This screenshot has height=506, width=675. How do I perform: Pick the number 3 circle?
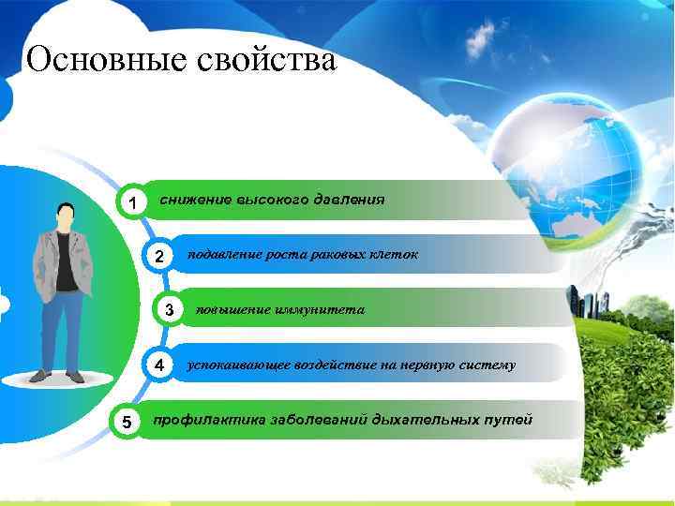[x=169, y=310]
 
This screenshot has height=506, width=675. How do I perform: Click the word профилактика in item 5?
[x=206, y=419]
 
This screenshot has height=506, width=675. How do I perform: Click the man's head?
[x=65, y=214]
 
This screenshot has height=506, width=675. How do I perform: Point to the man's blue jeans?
[x=60, y=328]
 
